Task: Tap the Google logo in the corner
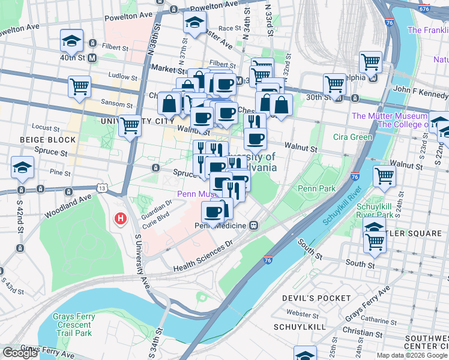coord(20,353)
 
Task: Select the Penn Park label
coord(316,189)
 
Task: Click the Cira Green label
coord(354,137)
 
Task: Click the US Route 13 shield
coord(103,189)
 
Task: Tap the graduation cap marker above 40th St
coord(71,41)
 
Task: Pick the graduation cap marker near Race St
coord(194,22)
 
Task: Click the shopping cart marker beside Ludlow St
coord(79,86)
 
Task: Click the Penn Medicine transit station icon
coord(254,226)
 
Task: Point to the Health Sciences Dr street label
coord(203,257)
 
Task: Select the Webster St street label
coord(298,313)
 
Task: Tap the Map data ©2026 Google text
coord(412,355)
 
